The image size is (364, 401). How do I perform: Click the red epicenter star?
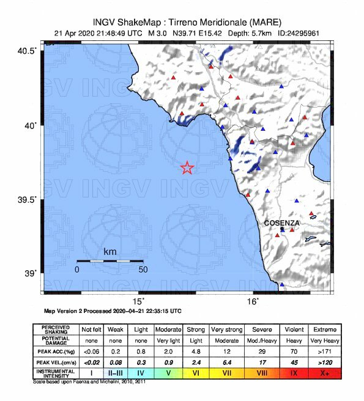click(187, 167)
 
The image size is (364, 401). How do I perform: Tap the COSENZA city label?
click(281, 223)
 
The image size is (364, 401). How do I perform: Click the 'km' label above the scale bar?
click(110, 251)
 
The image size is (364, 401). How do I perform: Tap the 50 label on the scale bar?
click(143, 269)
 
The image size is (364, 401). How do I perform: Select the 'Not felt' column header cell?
click(92, 329)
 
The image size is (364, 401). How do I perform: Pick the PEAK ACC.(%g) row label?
click(55, 351)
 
